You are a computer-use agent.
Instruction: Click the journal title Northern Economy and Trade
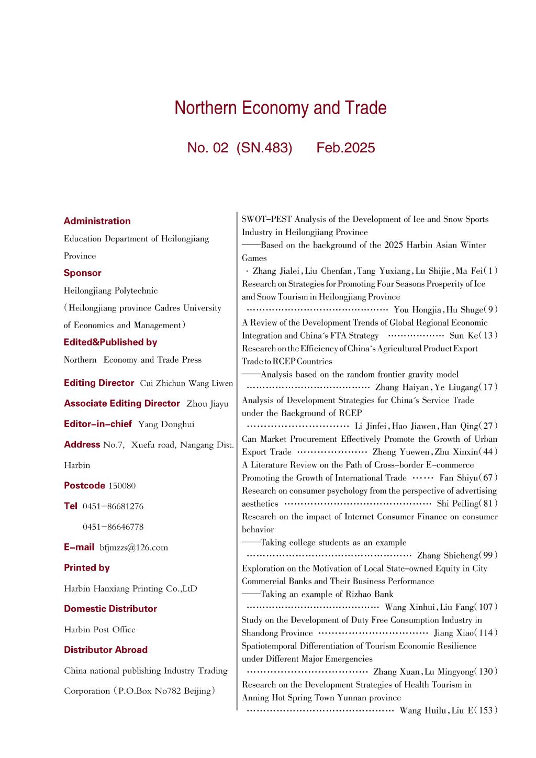click(x=281, y=108)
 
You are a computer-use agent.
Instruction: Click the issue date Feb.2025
click(x=345, y=148)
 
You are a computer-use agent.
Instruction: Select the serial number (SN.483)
click(x=264, y=148)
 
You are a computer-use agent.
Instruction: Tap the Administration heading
click(x=97, y=221)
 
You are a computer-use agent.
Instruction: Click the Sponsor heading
click(x=82, y=273)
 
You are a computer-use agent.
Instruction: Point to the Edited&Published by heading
click(x=110, y=342)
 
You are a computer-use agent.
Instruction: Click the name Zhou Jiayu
click(x=207, y=404)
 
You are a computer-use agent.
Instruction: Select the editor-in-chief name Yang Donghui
click(x=166, y=424)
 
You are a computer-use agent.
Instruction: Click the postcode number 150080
click(x=122, y=486)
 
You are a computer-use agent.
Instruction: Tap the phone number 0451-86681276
click(x=113, y=506)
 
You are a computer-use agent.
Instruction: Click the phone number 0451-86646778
click(x=113, y=527)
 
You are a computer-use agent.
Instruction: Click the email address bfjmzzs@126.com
click(x=133, y=548)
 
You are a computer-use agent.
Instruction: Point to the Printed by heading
click(x=86, y=567)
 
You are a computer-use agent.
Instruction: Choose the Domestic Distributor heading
click(x=110, y=608)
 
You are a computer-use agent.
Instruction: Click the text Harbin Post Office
click(x=99, y=629)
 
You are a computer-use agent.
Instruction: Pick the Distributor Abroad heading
click(x=105, y=650)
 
